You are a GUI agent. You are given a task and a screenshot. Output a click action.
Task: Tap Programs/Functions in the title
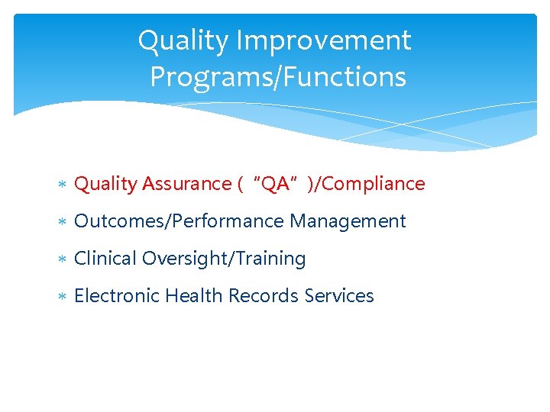277,77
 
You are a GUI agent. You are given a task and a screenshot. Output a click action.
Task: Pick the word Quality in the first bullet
105,184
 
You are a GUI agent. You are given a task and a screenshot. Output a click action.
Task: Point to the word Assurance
186,184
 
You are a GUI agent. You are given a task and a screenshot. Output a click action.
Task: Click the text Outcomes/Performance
179,221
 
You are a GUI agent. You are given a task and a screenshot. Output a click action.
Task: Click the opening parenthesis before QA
241,184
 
